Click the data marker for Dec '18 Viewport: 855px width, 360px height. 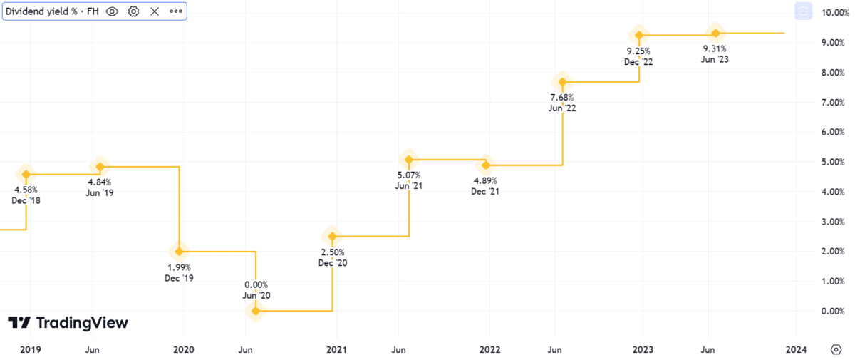(x=26, y=174)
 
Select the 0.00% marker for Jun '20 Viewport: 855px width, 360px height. (x=255, y=311)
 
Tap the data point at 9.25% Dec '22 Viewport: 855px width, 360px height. (x=639, y=35)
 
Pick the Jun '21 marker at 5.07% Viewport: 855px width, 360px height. (x=408, y=159)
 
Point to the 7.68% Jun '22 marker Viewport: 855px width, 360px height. (x=562, y=82)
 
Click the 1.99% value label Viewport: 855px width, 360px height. (x=179, y=267)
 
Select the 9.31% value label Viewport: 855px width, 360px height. (x=714, y=48)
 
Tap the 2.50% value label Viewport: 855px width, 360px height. (x=332, y=252)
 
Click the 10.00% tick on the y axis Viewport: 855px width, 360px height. (x=833, y=13)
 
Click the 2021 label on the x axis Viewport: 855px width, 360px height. (x=336, y=349)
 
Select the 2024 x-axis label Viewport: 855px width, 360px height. (x=796, y=349)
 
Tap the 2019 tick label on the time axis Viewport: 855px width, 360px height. (x=30, y=349)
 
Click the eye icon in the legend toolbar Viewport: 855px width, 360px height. (x=112, y=11)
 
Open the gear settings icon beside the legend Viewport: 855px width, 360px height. (x=133, y=11)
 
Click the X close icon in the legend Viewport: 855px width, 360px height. (x=155, y=11)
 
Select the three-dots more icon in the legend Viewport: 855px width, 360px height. (x=175, y=11)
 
